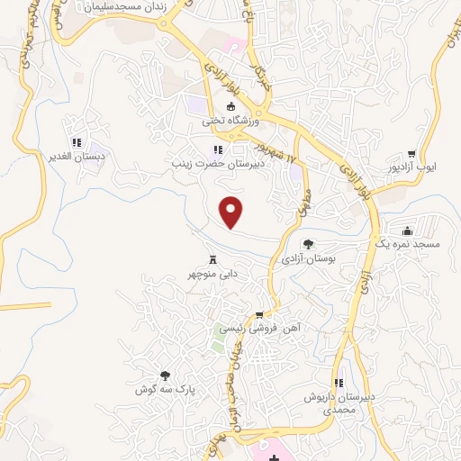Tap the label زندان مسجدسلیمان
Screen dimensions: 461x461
pyautogui.click(x=123, y=6)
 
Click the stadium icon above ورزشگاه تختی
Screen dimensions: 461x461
pyautogui.click(x=230, y=106)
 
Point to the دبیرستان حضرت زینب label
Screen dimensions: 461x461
pyautogui.click(x=216, y=166)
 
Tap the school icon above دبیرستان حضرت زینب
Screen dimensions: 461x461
pyautogui.click(x=216, y=150)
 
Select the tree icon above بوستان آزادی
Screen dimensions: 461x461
pyautogui.click(x=308, y=243)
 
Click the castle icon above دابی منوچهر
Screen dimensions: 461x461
pyautogui.click(x=212, y=255)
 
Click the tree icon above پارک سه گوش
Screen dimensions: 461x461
pyautogui.click(x=165, y=375)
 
